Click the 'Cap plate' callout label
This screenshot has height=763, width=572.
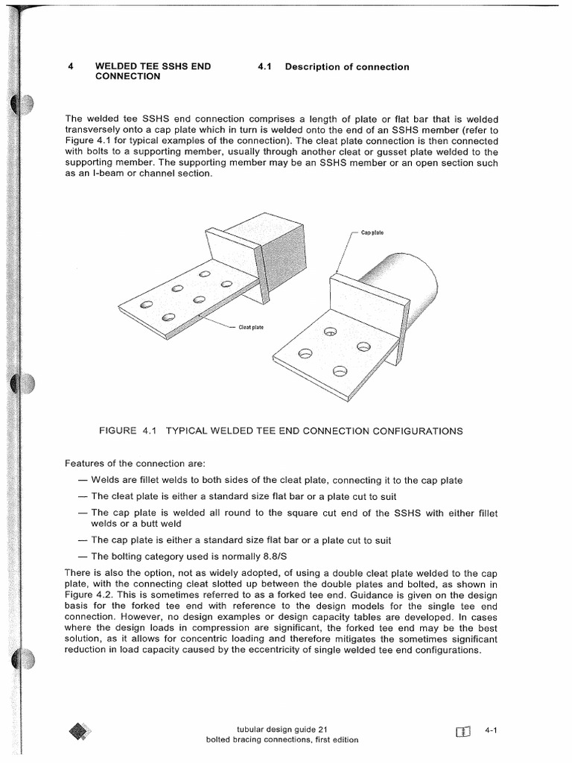[x=372, y=232]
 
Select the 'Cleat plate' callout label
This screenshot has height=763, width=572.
[x=251, y=327]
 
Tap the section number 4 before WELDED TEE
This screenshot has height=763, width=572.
[x=70, y=66]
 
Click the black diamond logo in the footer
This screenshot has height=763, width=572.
[x=79, y=732]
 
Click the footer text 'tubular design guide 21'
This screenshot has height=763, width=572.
[x=277, y=729]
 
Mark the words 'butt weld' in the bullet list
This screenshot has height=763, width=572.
[x=162, y=525]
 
